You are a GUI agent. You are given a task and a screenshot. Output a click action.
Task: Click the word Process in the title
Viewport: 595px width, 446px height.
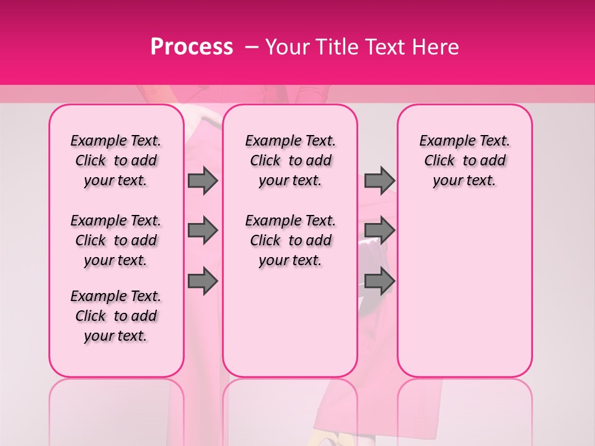point(191,47)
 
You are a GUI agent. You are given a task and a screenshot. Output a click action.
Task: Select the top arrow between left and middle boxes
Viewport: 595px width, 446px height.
point(203,180)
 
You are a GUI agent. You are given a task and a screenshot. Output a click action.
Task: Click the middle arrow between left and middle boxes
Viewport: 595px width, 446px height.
point(203,230)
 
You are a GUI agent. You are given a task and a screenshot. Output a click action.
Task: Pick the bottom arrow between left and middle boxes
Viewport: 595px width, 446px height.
point(203,282)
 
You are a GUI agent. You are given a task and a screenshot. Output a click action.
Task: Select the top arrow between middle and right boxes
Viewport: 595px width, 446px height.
point(379,180)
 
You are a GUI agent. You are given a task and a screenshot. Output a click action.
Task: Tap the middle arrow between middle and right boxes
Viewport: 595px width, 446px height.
point(379,230)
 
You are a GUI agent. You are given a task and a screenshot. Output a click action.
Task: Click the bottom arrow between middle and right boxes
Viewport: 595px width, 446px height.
point(379,282)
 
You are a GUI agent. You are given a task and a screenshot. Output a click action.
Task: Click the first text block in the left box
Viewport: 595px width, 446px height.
point(116,160)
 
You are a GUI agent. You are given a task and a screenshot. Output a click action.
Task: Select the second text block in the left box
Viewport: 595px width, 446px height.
point(116,240)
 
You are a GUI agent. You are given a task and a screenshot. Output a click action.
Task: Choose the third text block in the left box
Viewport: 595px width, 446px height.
point(116,316)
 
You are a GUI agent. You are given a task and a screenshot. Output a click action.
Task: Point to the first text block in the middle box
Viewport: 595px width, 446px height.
point(291,160)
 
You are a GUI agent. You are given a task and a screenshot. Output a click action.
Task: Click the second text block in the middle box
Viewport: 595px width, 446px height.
point(291,240)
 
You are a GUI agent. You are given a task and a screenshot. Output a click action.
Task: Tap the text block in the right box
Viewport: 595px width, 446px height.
point(465,160)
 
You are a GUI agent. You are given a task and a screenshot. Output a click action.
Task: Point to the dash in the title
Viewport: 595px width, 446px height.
point(252,47)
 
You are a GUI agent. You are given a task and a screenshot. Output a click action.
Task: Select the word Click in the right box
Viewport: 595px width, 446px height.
point(439,161)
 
